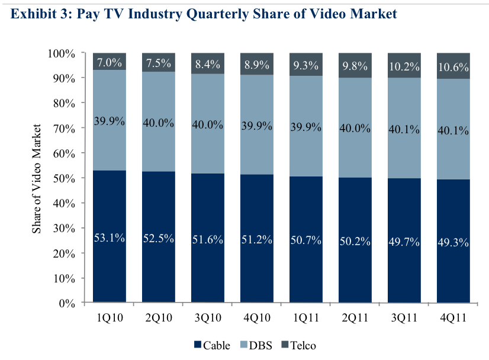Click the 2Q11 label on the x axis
354,319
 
